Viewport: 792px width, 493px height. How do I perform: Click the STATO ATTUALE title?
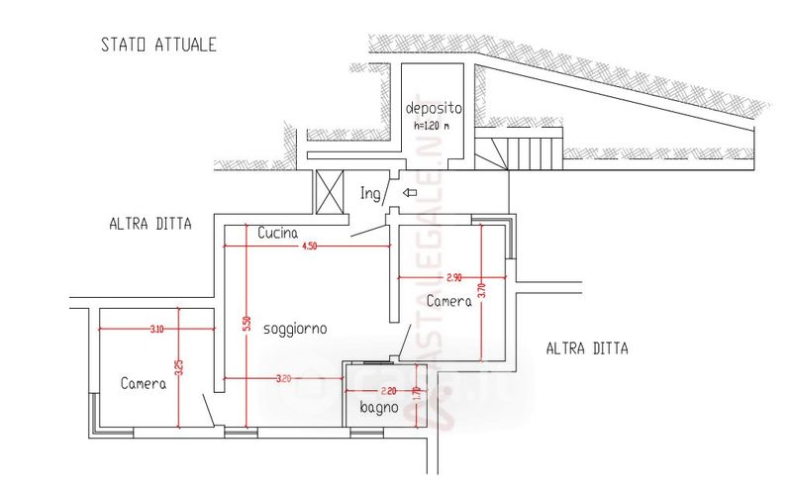click(158, 45)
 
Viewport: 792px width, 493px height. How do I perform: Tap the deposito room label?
click(434, 107)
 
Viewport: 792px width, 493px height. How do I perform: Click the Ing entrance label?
click(370, 194)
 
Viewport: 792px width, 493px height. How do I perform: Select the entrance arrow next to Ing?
click(411, 194)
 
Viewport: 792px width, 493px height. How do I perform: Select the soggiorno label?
click(295, 328)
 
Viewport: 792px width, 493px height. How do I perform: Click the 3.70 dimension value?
click(482, 291)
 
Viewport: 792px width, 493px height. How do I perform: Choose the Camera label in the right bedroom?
click(448, 301)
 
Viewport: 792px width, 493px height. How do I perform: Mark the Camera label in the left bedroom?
click(144, 384)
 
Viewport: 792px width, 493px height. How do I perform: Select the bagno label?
click(378, 407)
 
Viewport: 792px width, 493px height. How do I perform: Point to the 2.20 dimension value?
click(387, 390)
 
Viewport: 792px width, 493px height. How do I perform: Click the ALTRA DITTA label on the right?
click(587, 348)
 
